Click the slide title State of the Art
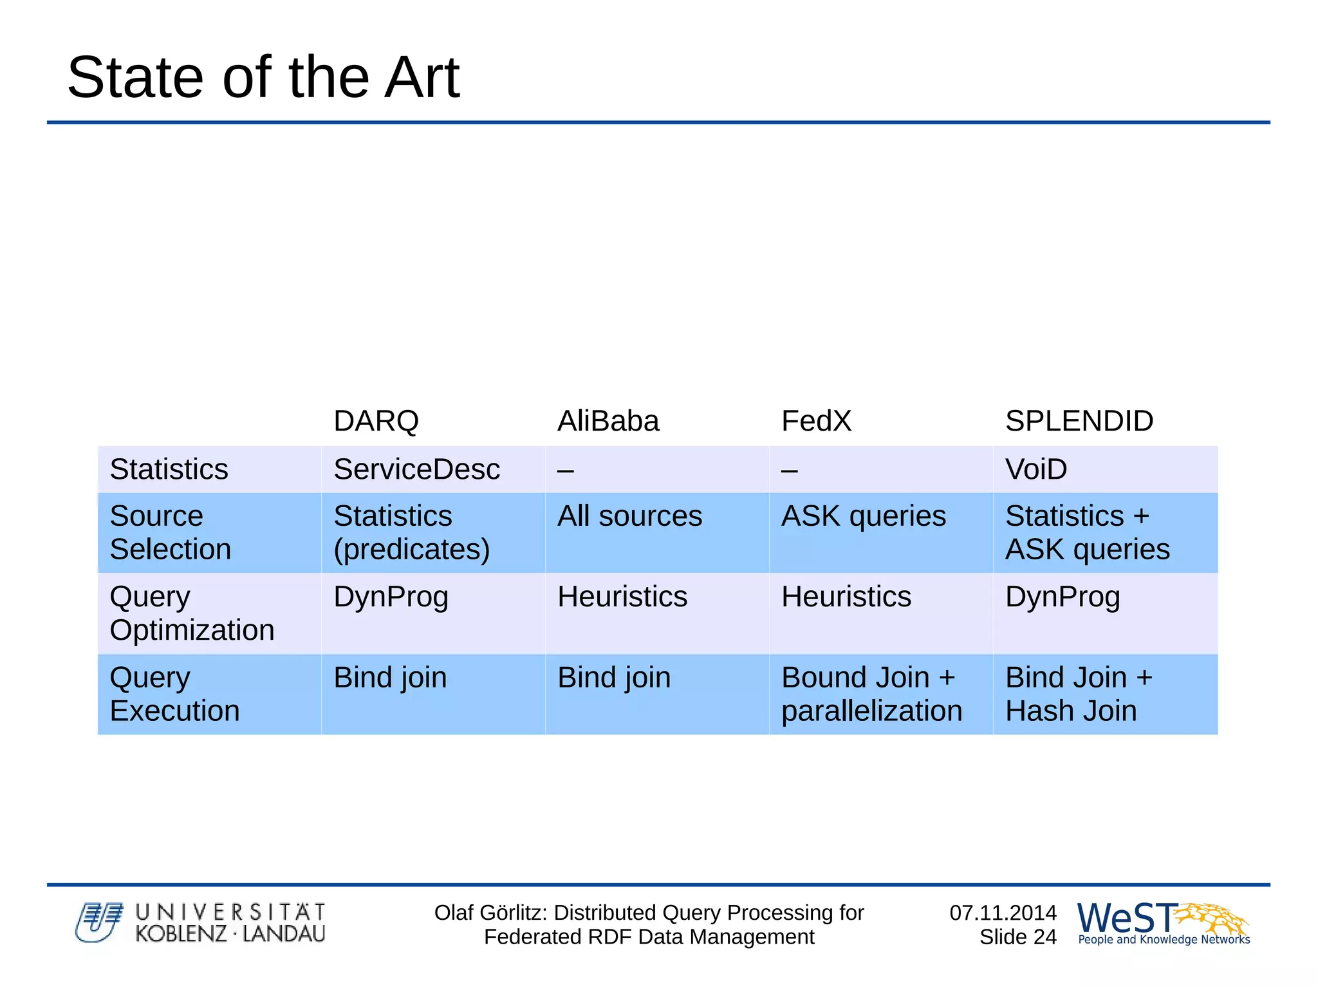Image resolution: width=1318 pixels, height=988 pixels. [263, 77]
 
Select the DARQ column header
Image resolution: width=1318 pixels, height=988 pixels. [376, 421]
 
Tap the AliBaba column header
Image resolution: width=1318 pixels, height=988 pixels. [608, 421]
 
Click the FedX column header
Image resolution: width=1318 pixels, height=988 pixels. [815, 421]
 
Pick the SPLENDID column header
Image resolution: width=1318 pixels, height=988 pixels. [1079, 421]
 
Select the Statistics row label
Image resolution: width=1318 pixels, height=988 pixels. [169, 469]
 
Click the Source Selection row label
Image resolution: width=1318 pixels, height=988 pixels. [170, 533]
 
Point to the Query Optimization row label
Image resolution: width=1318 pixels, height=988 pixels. [192, 613]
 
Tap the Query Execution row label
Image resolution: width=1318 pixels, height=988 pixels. [174, 694]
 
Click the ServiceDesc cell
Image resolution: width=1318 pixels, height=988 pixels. [416, 469]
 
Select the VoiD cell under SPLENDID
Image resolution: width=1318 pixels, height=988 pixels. [1035, 469]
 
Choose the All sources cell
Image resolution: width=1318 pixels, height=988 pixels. [629, 516]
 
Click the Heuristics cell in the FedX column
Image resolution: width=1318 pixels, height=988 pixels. [846, 597]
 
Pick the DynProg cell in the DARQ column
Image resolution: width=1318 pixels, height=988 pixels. [391, 597]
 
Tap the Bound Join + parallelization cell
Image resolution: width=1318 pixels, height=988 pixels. [871, 694]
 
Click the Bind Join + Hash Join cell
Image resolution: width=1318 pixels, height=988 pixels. [1079, 694]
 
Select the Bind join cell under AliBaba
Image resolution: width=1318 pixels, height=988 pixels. [614, 678]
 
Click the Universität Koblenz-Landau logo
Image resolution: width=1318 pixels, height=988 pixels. [200, 923]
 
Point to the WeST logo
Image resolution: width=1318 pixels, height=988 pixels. [1163, 923]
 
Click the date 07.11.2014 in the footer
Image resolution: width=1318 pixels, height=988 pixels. [1003, 913]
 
